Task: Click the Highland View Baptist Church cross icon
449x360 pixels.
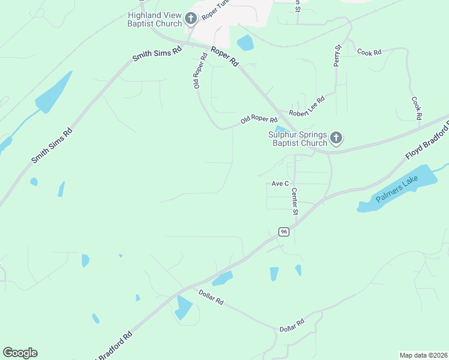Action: point(191,19)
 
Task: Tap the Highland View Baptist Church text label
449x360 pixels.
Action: point(154,19)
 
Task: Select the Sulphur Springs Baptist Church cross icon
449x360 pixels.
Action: point(336,139)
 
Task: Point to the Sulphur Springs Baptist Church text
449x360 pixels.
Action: point(298,139)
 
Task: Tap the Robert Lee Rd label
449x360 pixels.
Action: point(306,106)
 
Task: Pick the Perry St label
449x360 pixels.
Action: point(337,55)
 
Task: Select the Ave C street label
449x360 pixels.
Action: point(280,184)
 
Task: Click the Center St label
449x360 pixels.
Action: point(295,202)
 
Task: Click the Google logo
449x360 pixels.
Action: point(20,353)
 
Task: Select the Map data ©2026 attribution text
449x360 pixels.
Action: point(423,355)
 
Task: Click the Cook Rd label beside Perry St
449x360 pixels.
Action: point(369,53)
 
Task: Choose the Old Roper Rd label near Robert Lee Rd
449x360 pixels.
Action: point(259,120)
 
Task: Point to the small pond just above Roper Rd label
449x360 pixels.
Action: point(245,43)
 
